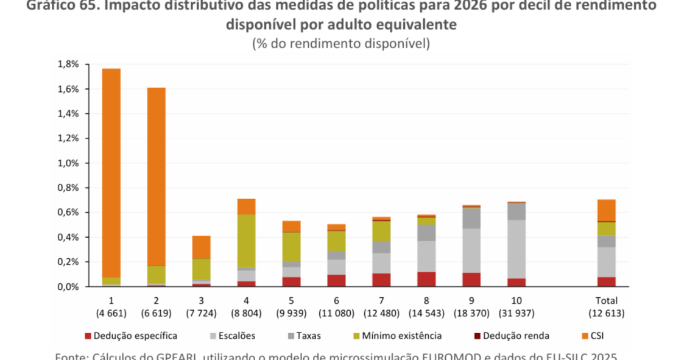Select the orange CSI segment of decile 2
point(156,177)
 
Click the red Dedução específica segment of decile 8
point(426,279)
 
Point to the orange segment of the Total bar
point(606,210)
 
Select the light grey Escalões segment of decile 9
point(471,250)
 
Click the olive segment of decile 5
point(291,247)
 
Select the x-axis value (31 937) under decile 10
point(516,313)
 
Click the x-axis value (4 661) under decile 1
point(111,313)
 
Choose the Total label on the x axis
point(606,300)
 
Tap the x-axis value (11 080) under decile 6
point(336,313)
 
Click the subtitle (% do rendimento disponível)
point(341,43)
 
